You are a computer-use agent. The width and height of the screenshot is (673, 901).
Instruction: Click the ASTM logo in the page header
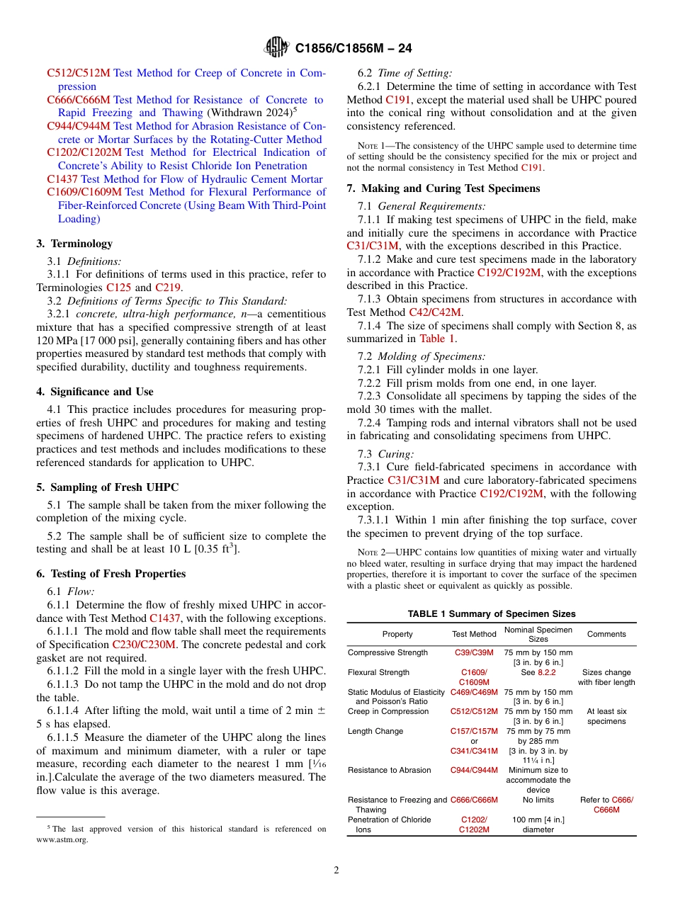pyautogui.click(x=276, y=47)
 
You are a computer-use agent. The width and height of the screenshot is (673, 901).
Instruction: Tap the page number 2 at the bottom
pyautogui.click(x=336, y=870)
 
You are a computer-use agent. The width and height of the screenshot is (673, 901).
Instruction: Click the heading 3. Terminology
pyautogui.click(x=74, y=244)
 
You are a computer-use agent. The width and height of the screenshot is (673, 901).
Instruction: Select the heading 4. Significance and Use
pyautogui.click(x=95, y=392)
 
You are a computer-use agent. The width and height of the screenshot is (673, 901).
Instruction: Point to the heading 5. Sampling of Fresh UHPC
pyautogui.click(x=107, y=487)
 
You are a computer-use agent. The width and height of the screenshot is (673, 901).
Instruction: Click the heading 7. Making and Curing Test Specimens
pyautogui.click(x=443, y=188)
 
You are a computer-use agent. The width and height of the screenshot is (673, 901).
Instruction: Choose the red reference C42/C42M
pyautogui.click(x=435, y=312)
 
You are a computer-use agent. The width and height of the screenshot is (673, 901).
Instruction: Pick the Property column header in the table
pyautogui.click(x=397, y=635)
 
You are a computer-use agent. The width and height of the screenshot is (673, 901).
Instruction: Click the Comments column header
pyautogui.click(x=606, y=635)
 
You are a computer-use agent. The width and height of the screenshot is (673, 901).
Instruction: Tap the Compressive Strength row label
pyautogui.click(x=388, y=652)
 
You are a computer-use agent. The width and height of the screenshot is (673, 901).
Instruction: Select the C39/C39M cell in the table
pyautogui.click(x=474, y=652)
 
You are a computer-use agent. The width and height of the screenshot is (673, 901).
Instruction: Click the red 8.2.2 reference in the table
pyautogui.click(x=546, y=672)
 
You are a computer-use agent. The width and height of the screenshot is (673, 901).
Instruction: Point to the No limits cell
pyautogui.click(x=538, y=800)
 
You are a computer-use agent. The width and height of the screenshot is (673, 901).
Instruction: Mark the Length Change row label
pyautogui.click(x=375, y=731)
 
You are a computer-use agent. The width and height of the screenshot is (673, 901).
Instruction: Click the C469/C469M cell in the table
pyautogui.click(x=474, y=692)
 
